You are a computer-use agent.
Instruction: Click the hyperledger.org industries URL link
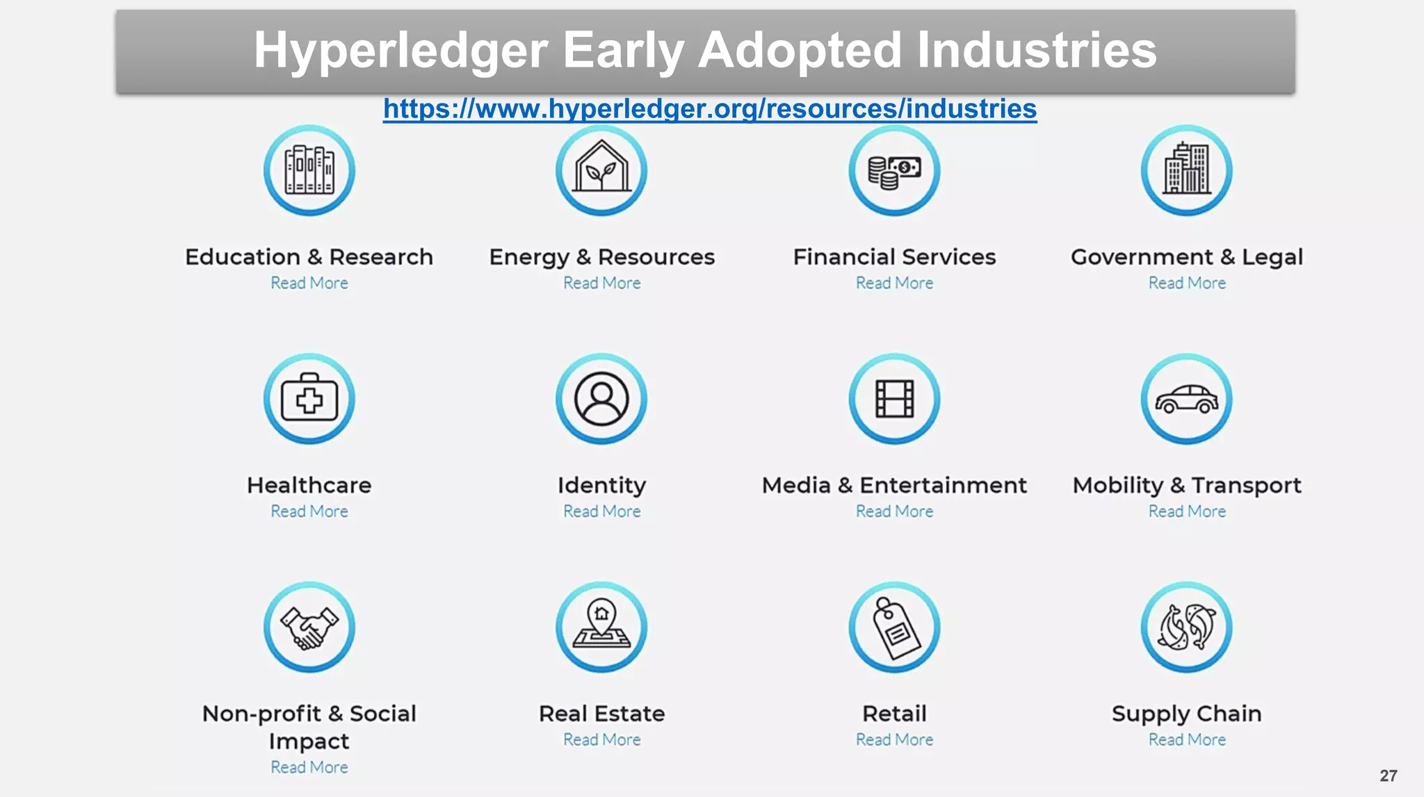[710, 109]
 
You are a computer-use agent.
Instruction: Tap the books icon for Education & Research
[309, 170]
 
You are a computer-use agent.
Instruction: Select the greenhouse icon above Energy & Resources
[601, 170]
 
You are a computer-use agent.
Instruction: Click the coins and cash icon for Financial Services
[894, 170]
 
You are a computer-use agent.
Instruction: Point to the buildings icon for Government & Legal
[1187, 170]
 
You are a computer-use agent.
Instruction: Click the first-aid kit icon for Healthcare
[309, 399]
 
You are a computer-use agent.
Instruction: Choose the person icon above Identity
[601, 399]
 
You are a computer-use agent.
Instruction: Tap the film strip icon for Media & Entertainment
[894, 399]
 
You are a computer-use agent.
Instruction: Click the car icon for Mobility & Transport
[1187, 399]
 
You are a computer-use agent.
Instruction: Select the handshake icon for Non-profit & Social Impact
[309, 627]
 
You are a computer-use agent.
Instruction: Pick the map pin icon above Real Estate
[601, 627]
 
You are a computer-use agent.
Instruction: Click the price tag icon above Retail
[894, 627]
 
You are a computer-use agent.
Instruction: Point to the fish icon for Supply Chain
[1187, 627]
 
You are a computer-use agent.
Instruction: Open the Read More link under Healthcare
[309, 511]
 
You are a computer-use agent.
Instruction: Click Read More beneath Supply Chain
[1187, 740]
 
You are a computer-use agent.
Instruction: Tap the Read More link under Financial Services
[894, 284]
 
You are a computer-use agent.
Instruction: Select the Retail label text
[894, 714]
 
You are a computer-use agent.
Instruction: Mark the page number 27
[1389, 775]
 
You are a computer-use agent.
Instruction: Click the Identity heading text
[601, 485]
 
